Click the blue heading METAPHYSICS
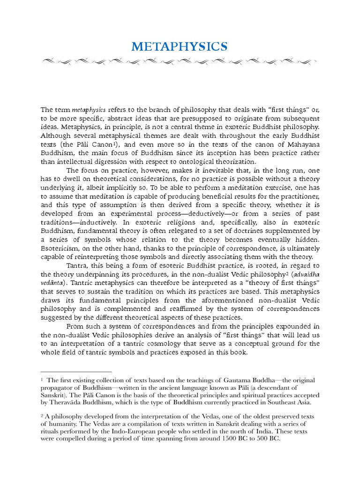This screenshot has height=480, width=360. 180,47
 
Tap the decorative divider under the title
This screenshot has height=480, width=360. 180,61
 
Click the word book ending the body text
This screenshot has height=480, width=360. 237,352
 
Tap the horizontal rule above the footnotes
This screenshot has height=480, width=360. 76,372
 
